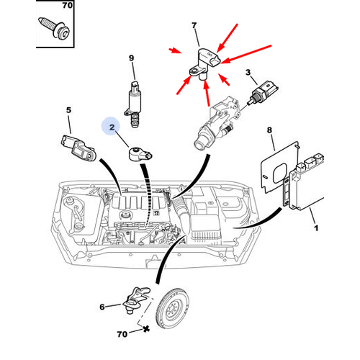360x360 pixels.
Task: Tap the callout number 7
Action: click(x=194, y=26)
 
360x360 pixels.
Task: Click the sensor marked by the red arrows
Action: click(x=204, y=63)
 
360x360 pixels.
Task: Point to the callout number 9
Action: click(x=132, y=58)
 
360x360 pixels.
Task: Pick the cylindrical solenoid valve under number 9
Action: click(x=133, y=99)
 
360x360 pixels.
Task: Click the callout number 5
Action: click(x=69, y=110)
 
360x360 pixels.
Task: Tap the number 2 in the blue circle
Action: click(x=112, y=129)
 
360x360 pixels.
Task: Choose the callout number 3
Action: click(x=248, y=72)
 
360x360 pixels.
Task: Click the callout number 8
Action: click(x=270, y=130)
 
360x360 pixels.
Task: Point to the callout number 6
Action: click(x=102, y=307)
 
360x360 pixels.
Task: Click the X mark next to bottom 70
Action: click(x=146, y=328)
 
